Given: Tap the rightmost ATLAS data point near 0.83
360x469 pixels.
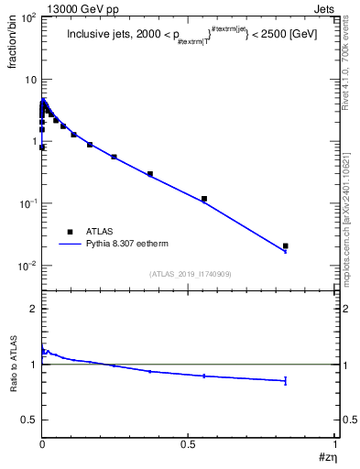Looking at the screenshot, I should [286, 245].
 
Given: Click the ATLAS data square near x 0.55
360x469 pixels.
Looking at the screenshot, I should [204, 199].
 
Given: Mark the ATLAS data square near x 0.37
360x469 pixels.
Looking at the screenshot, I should [150, 174].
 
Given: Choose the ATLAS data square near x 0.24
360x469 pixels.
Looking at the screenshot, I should [114, 157].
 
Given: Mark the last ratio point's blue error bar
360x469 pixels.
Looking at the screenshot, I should [286, 380].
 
